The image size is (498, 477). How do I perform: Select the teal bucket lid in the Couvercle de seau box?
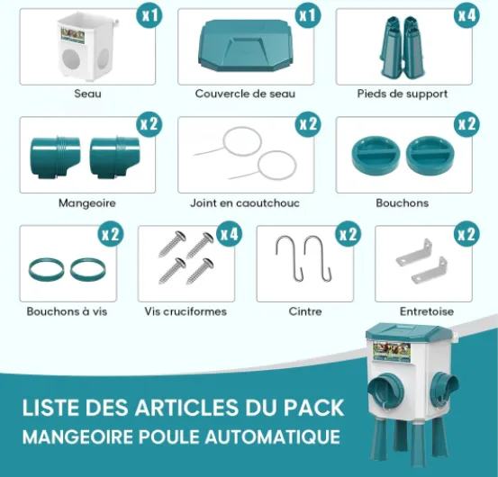pyautogui.click(x=246, y=45)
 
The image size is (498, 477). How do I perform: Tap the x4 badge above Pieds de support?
pyautogui.click(x=466, y=15)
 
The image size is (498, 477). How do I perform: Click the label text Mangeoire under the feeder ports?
pyautogui.click(x=87, y=202)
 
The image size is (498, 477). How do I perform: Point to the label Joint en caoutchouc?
pyautogui.click(x=245, y=202)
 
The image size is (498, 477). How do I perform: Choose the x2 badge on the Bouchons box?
pyautogui.click(x=466, y=124)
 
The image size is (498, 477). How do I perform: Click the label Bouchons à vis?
pyautogui.click(x=67, y=311)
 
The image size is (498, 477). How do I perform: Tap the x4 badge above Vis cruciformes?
pyautogui.click(x=230, y=234)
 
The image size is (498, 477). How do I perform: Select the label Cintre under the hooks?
pyautogui.click(x=305, y=311)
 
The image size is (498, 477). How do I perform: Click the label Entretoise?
pyautogui.click(x=427, y=311)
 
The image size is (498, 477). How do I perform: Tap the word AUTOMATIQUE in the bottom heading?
pyautogui.click(x=273, y=436)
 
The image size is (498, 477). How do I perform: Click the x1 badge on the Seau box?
pyautogui.click(x=149, y=15)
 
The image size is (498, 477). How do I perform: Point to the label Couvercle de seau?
pyautogui.click(x=245, y=94)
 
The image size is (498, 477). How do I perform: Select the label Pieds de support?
pyautogui.click(x=403, y=94)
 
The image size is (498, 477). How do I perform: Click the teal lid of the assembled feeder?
pyautogui.click(x=409, y=331)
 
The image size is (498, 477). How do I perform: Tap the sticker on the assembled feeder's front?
pyautogui.click(x=392, y=351)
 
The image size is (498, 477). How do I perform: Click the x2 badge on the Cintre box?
pyautogui.click(x=349, y=234)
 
